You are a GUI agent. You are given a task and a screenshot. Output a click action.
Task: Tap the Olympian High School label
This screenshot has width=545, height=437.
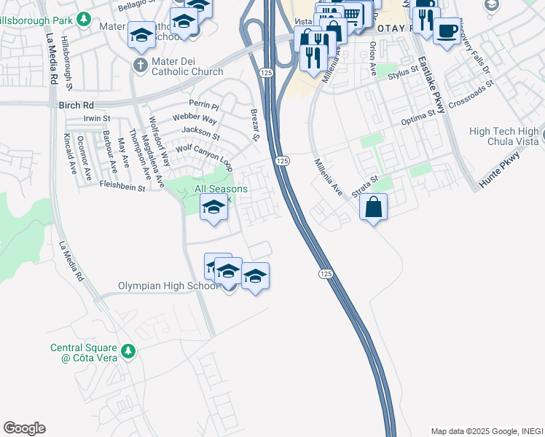coord(168,286)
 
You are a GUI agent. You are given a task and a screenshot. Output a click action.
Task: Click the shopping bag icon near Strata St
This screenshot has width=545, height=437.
coord(373,207)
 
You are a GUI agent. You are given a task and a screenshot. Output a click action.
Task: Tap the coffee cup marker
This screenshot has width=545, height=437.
coord(447,31)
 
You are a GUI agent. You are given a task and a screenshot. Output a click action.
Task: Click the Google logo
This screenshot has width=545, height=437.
coord(24,428)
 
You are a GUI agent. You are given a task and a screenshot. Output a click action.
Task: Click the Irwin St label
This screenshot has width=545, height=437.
coord(96,118)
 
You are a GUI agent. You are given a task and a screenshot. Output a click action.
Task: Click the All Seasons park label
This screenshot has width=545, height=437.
coord(221,189)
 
